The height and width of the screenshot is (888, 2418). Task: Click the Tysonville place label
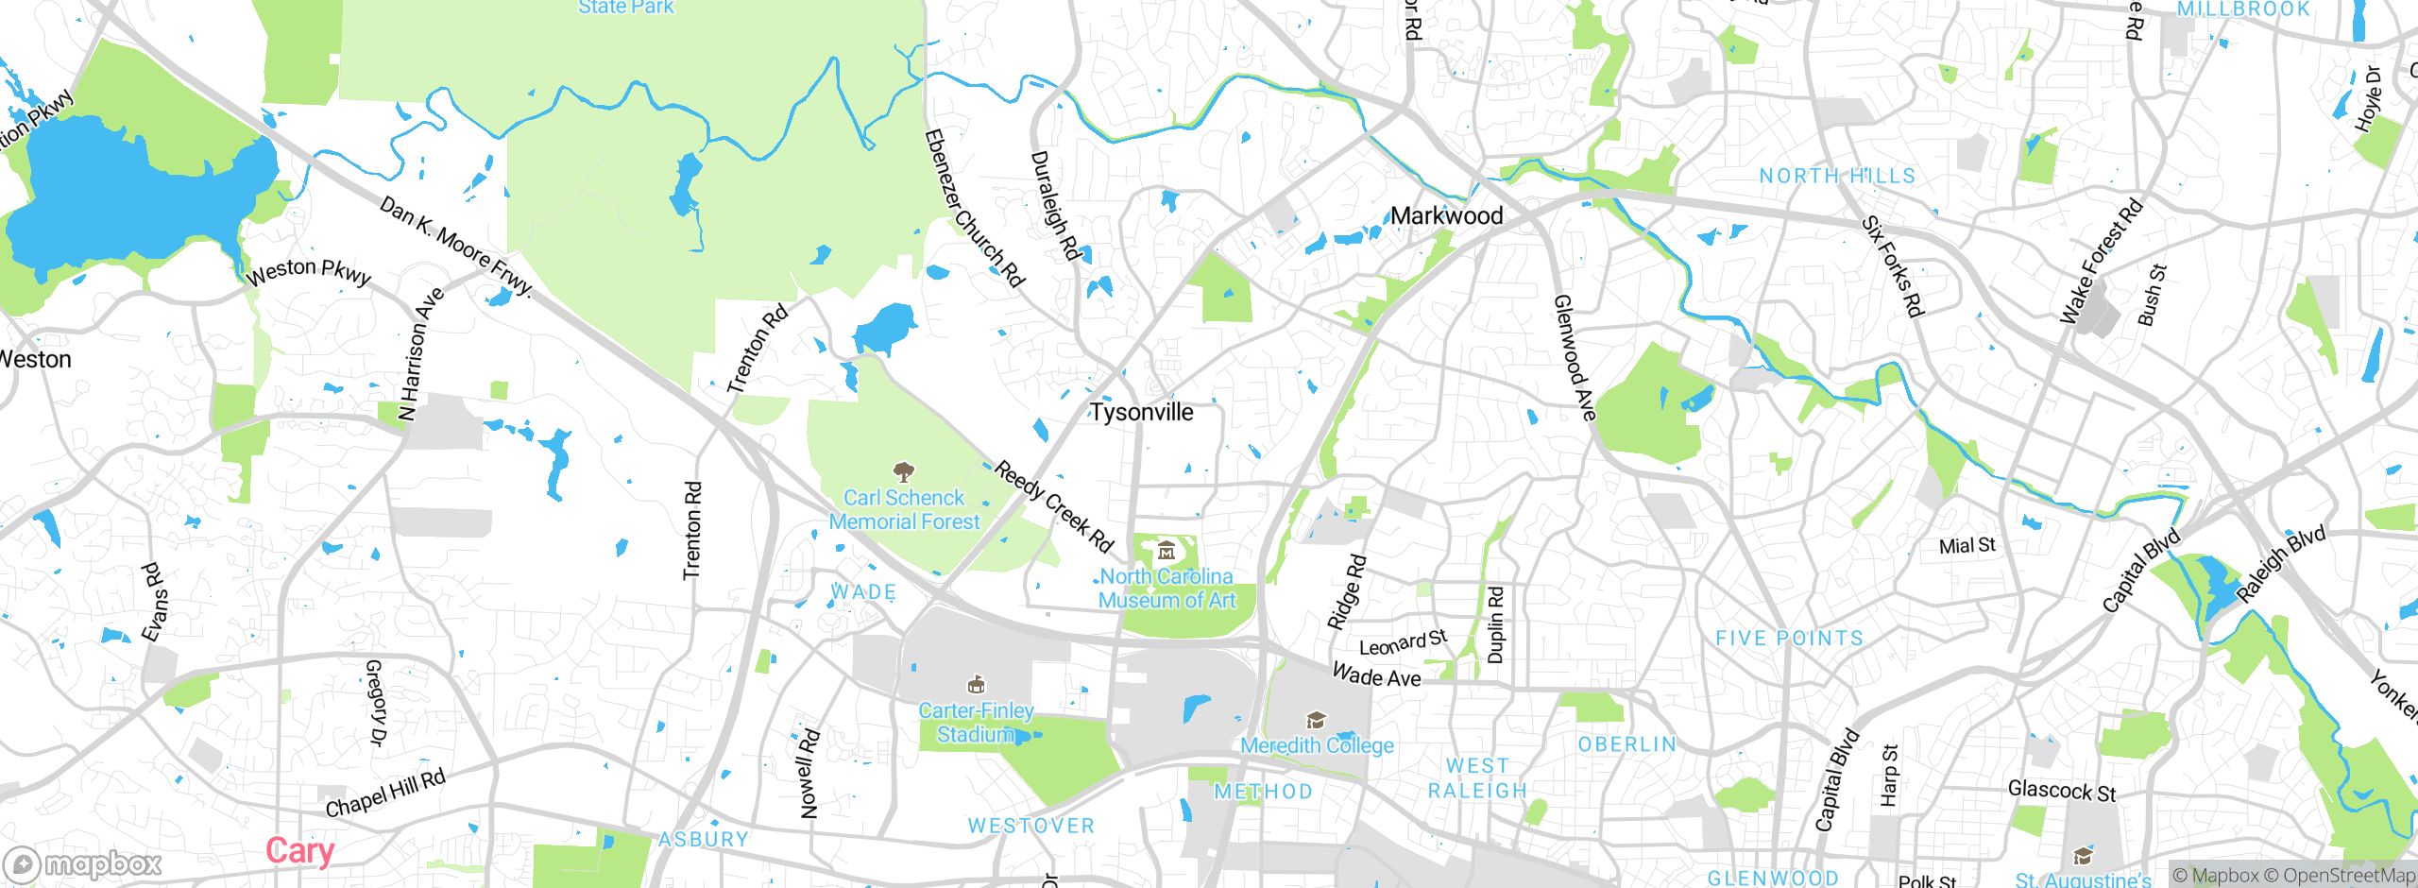pos(1142,412)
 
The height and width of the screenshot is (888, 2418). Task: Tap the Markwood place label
pos(1446,215)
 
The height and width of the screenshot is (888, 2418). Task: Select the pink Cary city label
pos(299,851)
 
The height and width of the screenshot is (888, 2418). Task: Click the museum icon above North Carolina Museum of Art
pos(1166,550)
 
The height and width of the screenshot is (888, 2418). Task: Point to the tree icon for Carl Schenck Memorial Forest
pos(904,470)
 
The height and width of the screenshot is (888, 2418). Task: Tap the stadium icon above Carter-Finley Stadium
pos(977,684)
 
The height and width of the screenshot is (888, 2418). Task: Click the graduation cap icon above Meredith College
pos(1316,721)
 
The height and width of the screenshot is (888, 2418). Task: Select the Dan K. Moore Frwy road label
pos(457,246)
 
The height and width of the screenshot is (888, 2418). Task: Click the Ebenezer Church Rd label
pos(974,208)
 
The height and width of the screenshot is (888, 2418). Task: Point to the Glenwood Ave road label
pos(1575,357)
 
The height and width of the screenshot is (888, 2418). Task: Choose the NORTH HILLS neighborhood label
pos(1837,176)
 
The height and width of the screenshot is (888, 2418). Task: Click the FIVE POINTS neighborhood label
pos(1789,639)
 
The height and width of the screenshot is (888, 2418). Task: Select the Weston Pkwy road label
pos(309,272)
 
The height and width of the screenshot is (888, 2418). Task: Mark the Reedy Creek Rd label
pos(1054,507)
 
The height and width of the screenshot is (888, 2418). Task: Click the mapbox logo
pos(83,864)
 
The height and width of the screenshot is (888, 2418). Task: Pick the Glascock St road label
pos(2062,791)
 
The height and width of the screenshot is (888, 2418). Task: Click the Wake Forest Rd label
pos(2101,262)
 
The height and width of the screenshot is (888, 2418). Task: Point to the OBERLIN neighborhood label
pos(1627,744)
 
